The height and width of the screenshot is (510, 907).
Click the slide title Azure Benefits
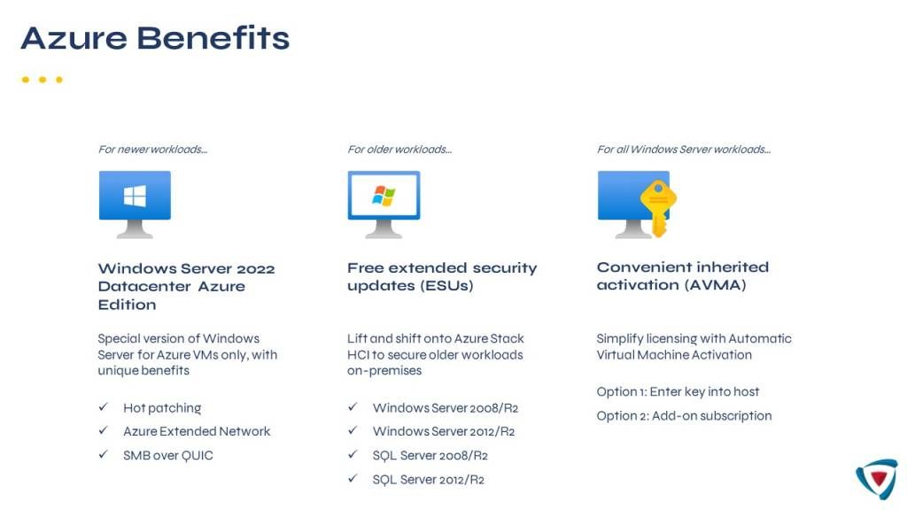[155, 38]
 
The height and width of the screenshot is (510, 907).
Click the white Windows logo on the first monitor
[135, 196]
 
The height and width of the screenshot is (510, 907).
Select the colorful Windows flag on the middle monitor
[384, 196]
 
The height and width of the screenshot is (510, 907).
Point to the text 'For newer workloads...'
[152, 149]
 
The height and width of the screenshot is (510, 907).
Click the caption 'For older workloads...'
[399, 149]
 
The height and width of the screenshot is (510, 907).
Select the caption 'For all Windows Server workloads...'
[684, 149]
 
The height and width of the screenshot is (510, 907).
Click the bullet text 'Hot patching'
[162, 408]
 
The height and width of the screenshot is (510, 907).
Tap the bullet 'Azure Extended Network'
[197, 431]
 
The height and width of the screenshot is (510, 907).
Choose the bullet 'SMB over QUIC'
[167, 456]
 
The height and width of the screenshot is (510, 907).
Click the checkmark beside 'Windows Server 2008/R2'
[353, 407]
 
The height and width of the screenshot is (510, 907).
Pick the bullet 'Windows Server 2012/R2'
[444, 431]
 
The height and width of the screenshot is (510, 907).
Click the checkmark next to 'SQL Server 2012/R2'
[353, 479]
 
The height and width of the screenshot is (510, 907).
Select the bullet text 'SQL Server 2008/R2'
[430, 456]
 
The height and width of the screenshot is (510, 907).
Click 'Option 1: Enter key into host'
[678, 391]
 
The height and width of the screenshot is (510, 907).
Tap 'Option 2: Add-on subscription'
[685, 416]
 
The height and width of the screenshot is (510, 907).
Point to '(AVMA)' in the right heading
[716, 285]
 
